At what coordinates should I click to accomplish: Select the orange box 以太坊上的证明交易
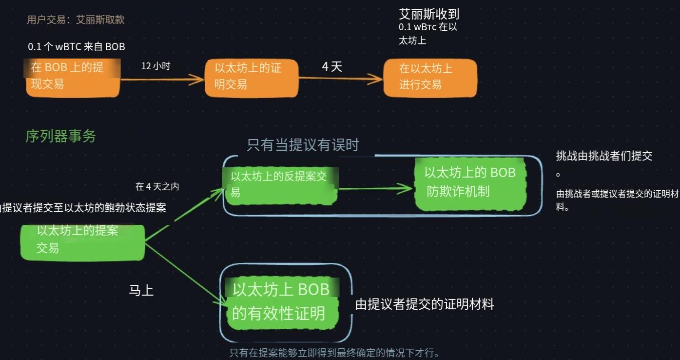point(251,78)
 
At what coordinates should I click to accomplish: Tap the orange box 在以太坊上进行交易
point(429,78)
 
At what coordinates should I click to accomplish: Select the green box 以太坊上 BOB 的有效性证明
point(282,302)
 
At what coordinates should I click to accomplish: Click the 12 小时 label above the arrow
point(155,66)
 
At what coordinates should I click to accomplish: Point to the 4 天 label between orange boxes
point(332,67)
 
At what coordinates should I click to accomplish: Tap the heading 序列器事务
point(60,137)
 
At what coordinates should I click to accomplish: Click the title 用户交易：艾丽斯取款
point(76,20)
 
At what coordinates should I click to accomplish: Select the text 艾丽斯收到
point(428,14)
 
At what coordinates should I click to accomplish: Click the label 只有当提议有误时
point(303,145)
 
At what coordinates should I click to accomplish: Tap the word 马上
point(141,291)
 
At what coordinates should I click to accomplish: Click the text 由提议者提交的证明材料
point(424,304)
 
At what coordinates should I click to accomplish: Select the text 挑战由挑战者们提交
point(604,156)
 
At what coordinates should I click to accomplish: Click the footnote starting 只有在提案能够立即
point(333,353)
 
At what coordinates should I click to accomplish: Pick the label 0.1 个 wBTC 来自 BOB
point(77,47)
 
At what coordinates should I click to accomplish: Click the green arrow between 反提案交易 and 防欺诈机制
point(375,188)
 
